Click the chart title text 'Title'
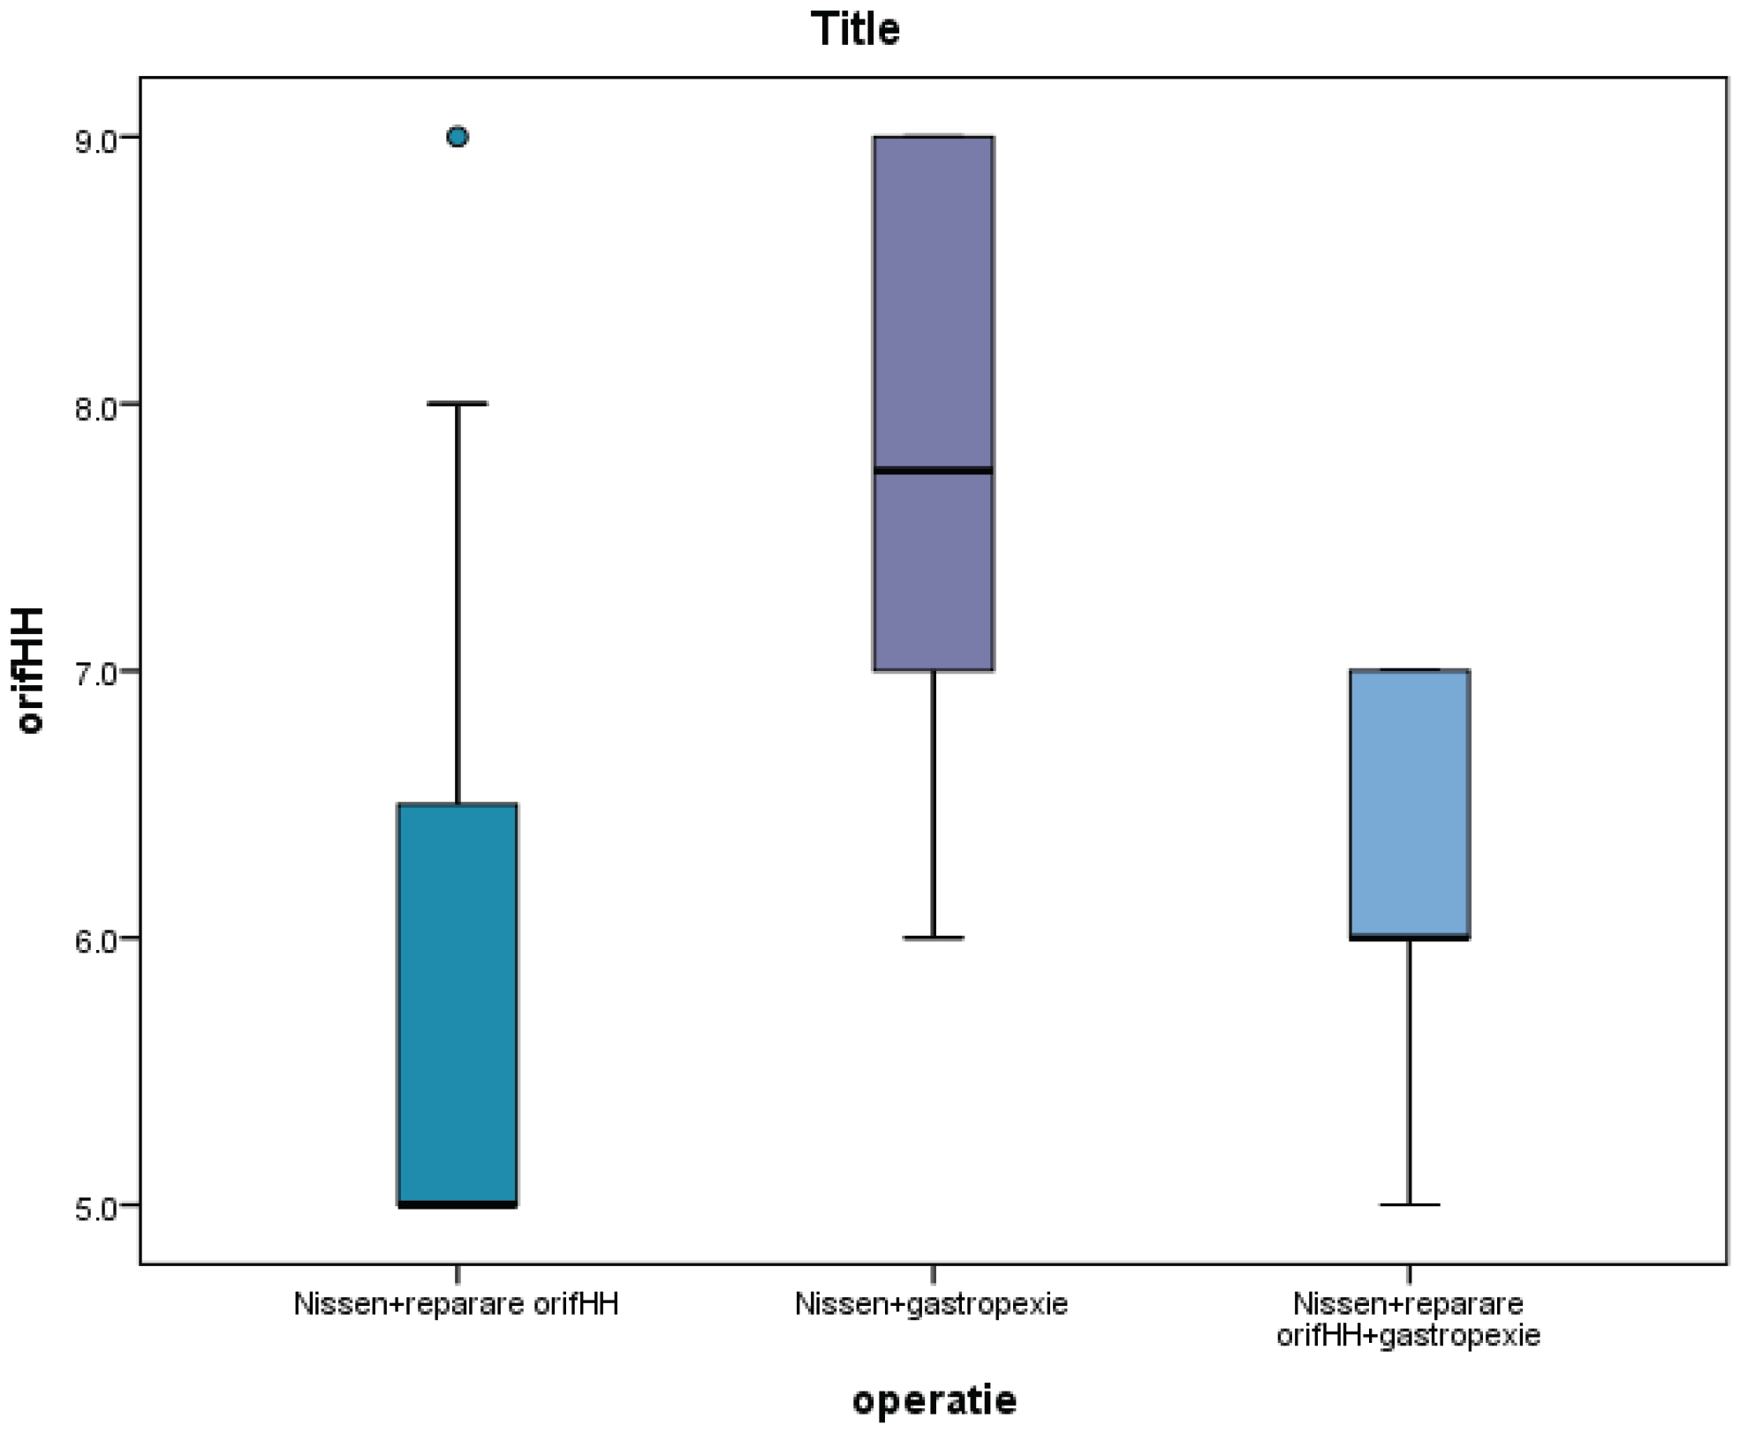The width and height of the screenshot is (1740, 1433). click(x=855, y=30)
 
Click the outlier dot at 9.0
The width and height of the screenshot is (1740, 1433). click(x=458, y=137)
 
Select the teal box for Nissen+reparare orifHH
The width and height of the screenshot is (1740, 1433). click(x=458, y=1003)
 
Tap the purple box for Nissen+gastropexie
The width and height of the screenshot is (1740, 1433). click(x=934, y=353)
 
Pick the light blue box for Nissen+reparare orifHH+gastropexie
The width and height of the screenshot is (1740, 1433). click(x=1410, y=803)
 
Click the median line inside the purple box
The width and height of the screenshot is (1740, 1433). click(x=934, y=471)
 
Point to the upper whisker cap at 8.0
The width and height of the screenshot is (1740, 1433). click(x=458, y=404)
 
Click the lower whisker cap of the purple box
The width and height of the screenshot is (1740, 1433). click(x=934, y=938)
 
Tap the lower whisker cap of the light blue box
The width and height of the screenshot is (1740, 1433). click(x=1410, y=1204)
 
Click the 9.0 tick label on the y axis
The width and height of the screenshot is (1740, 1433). click(x=95, y=141)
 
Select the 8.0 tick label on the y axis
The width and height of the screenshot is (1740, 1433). click(x=95, y=408)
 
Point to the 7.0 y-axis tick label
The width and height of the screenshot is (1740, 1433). click(x=95, y=675)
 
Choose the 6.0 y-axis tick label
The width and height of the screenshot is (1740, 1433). click(x=95, y=941)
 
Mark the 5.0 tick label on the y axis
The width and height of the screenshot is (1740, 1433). click(x=95, y=1209)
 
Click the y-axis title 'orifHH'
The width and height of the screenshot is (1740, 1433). click(x=30, y=671)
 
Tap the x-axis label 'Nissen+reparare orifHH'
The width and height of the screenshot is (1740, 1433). click(x=456, y=1304)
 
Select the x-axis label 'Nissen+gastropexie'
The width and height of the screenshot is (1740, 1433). click(x=931, y=1304)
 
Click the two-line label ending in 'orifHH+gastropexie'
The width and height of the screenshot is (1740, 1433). click(x=1408, y=1319)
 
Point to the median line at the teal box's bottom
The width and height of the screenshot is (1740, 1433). click(x=458, y=1204)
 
